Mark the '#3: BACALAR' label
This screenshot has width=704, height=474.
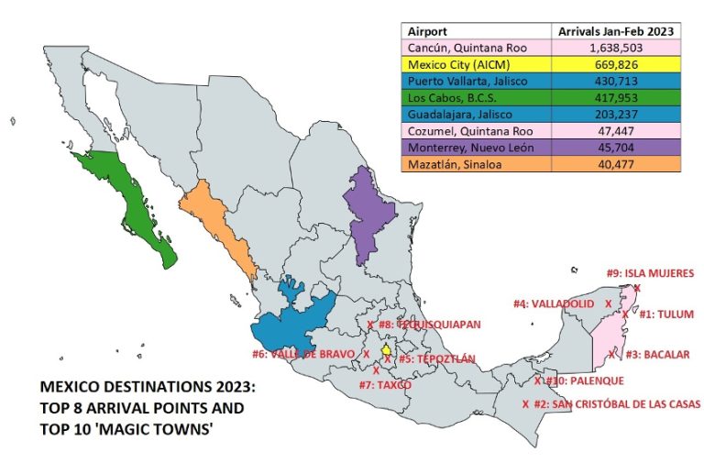coord(664,353)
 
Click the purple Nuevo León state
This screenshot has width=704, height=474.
coord(368,209)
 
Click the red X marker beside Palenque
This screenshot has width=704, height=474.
coord(537,380)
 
